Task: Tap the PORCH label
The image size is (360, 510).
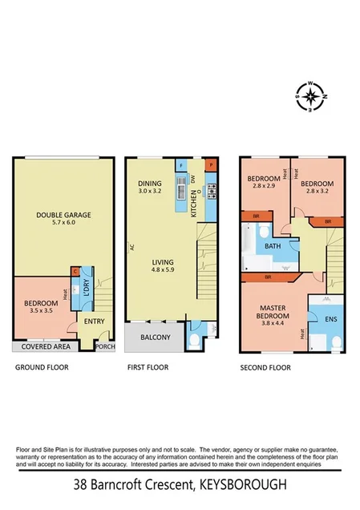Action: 105,347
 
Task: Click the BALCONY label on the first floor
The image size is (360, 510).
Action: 155,338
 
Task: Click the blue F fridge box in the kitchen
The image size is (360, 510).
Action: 182,164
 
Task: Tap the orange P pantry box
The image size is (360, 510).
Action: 212,164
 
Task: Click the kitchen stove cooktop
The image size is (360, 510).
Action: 212,191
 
